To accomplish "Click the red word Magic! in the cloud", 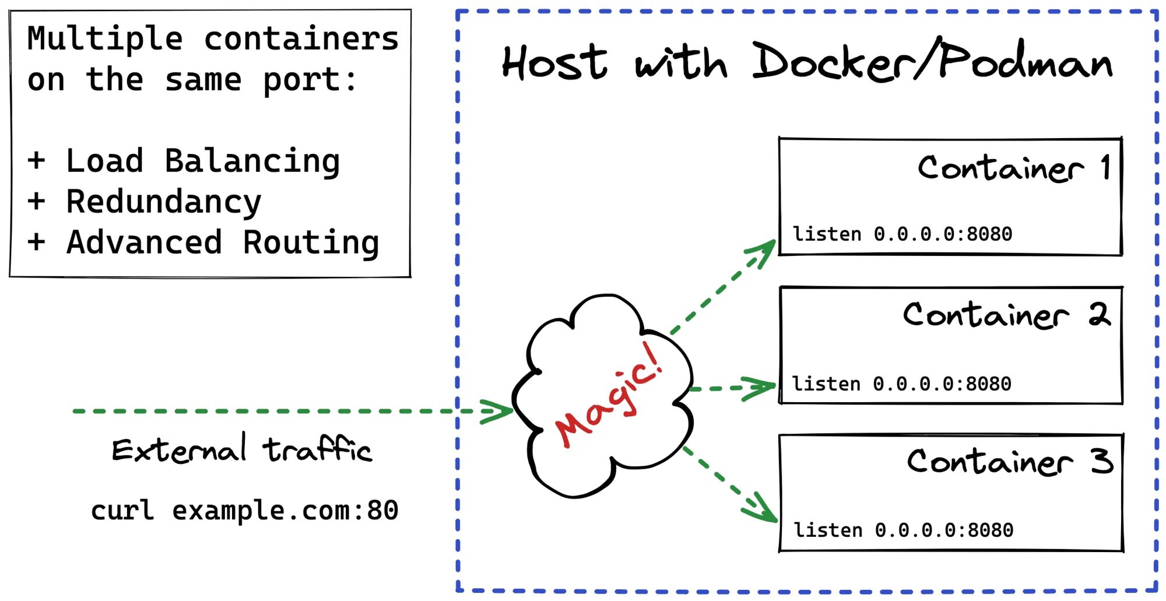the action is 609,395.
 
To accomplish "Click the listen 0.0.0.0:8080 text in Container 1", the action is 902,234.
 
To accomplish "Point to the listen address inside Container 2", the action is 901,384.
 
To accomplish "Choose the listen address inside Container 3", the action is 903,530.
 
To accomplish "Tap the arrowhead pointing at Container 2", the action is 760,388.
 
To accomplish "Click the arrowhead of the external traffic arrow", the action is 496,412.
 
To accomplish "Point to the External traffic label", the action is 242,449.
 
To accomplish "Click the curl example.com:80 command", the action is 245,511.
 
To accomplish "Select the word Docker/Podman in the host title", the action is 932,59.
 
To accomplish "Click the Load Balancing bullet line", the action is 184,161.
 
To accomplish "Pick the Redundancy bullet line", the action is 144,202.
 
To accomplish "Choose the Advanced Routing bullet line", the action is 203,242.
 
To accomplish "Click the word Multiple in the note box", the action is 105,40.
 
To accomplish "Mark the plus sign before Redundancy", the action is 36,201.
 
